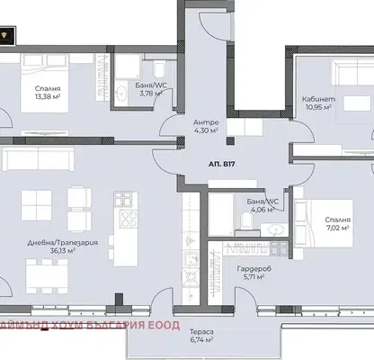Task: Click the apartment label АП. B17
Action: (221, 164)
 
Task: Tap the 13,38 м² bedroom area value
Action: (48, 96)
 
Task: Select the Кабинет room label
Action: (318, 99)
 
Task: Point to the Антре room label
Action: (206, 122)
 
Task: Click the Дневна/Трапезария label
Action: (63, 243)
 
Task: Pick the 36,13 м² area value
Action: (63, 250)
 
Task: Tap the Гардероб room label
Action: (254, 269)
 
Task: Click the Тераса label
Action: (201, 332)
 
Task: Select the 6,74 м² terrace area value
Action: (201, 339)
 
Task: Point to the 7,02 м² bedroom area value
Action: (337, 228)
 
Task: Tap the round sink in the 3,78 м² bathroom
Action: (122, 93)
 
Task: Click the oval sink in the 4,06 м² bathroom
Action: (275, 229)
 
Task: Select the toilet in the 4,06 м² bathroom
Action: (247, 220)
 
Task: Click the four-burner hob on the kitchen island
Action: (129, 220)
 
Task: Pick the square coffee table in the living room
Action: (36, 205)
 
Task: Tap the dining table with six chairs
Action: (47, 276)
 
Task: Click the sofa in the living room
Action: (38, 158)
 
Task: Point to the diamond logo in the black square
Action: (5, 36)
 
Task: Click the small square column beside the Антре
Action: (230, 141)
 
